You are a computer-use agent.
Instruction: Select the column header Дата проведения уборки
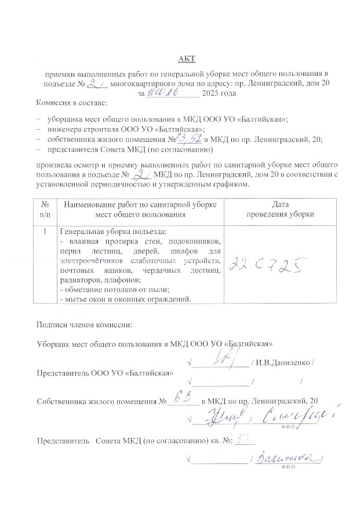[x=281, y=209]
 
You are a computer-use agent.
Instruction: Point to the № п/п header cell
[x=45, y=209]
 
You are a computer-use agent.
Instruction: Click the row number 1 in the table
[x=45, y=231]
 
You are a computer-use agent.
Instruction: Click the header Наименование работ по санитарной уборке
[x=140, y=204]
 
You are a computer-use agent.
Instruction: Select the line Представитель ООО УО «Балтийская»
[x=104, y=372]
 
